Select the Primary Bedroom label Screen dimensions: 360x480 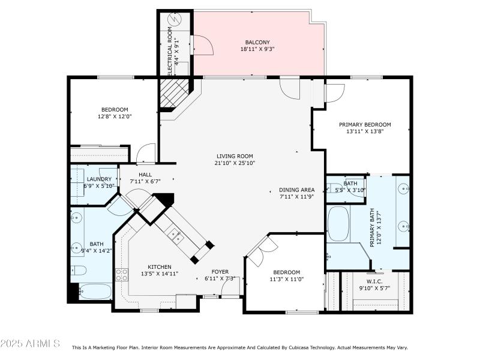[365, 125]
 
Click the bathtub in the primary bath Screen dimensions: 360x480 [338, 224]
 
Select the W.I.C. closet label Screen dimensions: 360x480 [374, 281]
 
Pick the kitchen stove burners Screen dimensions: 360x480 [121, 275]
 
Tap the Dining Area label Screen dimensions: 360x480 [297, 190]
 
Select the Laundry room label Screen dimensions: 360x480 [99, 179]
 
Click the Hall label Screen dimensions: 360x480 [145, 174]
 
